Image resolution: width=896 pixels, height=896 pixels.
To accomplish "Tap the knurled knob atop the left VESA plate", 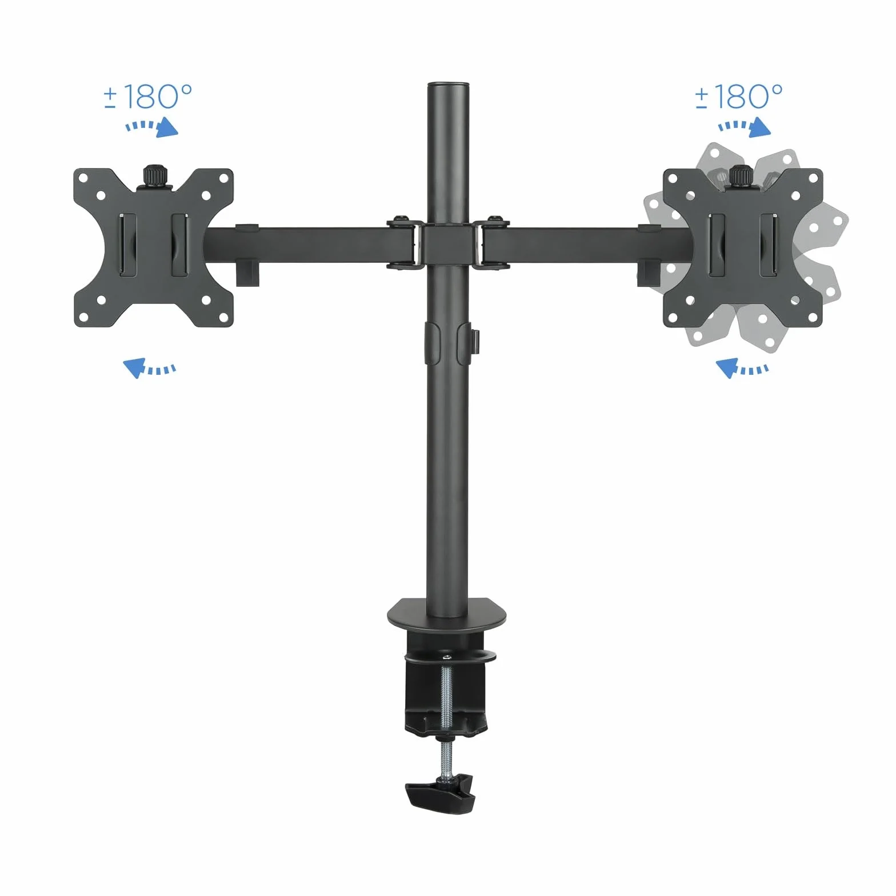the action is point(153,176).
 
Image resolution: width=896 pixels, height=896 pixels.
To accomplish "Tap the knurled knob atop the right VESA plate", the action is point(742,176).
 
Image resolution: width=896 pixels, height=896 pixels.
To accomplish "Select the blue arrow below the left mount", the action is point(149,367).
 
